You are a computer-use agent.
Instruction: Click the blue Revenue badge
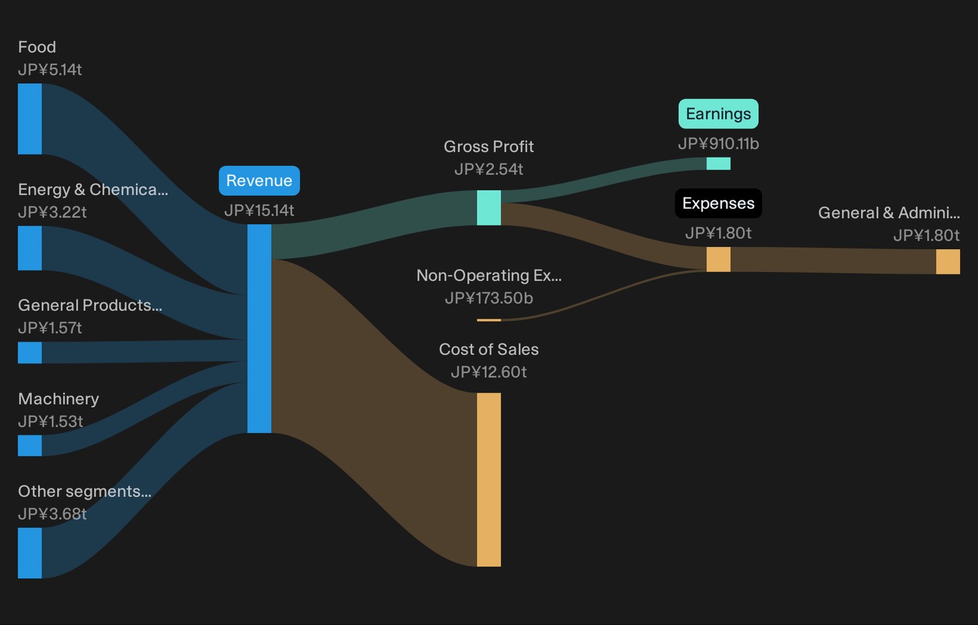pyautogui.click(x=259, y=181)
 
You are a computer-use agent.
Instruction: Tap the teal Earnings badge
pyautogui.click(x=719, y=113)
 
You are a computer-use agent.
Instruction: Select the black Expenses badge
pyautogui.click(x=719, y=203)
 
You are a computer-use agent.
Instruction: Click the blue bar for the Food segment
pyautogui.click(x=30, y=119)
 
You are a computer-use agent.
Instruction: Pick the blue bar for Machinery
pyautogui.click(x=30, y=446)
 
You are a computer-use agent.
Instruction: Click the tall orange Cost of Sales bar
pyautogui.click(x=488, y=480)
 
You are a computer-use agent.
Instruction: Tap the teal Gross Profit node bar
pyautogui.click(x=488, y=207)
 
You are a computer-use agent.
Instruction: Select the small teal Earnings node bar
pyautogui.click(x=719, y=163)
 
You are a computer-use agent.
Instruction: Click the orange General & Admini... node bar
pyautogui.click(x=948, y=262)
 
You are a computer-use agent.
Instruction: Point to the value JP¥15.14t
pyautogui.click(x=259, y=211)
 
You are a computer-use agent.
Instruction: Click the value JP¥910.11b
pyautogui.click(x=719, y=144)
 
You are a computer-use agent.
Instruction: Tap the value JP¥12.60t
pyautogui.click(x=488, y=372)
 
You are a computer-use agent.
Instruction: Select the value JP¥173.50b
pyautogui.click(x=488, y=298)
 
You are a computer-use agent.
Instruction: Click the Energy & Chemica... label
pyautogui.click(x=93, y=190)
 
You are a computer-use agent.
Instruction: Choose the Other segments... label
pyautogui.click(x=85, y=491)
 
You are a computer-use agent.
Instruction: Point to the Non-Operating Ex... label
pyautogui.click(x=488, y=276)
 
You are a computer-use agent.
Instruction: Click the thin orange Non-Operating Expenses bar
pyautogui.click(x=488, y=320)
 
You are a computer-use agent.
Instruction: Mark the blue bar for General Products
pyautogui.click(x=30, y=353)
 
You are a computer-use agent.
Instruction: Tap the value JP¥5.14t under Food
pyautogui.click(x=50, y=70)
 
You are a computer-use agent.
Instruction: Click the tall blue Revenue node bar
pyautogui.click(x=259, y=328)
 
